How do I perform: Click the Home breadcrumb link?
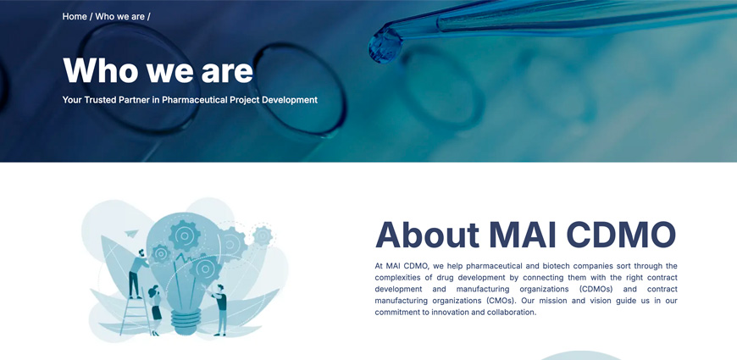click(x=75, y=16)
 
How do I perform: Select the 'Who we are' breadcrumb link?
click(x=119, y=16)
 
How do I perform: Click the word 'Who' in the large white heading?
click(x=100, y=70)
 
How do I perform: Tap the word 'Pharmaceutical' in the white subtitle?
click(x=195, y=100)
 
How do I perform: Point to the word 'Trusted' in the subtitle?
click(x=100, y=100)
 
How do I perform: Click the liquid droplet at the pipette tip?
click(x=385, y=47)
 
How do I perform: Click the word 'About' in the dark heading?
click(x=427, y=234)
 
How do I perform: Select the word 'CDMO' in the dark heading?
click(x=621, y=234)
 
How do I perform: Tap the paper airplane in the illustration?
click(x=132, y=233)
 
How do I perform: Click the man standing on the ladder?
click(x=136, y=274)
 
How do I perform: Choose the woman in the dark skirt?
click(x=155, y=310)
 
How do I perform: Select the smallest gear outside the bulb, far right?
click(x=263, y=235)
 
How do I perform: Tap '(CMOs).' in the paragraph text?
click(x=502, y=301)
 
